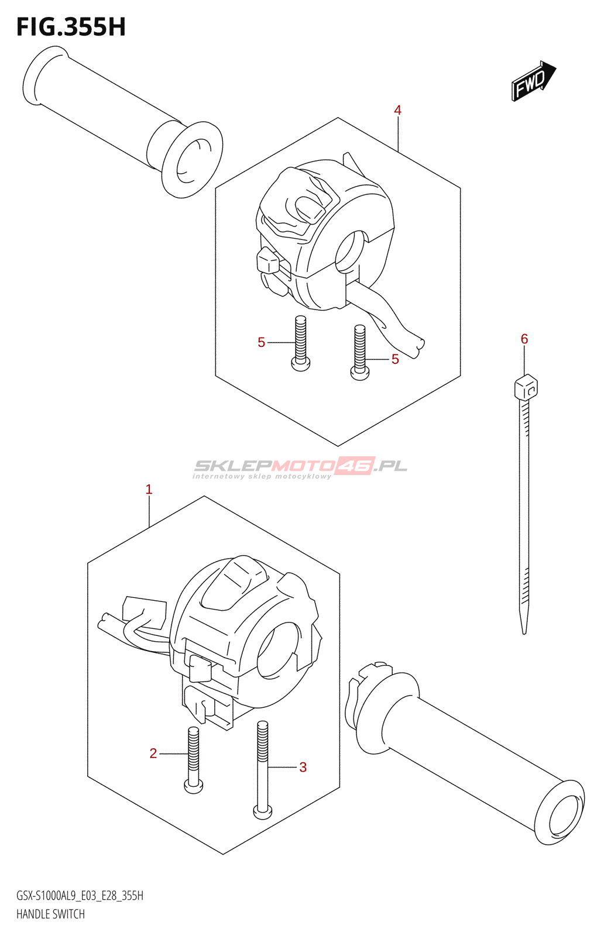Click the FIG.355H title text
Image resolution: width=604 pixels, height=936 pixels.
point(71,27)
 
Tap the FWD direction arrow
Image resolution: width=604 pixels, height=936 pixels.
point(533,81)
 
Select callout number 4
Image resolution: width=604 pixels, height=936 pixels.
point(397,111)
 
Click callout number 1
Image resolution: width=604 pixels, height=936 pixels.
point(149,489)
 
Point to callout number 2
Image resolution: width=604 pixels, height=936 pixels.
point(153,753)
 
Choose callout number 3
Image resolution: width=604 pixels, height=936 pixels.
point(303,767)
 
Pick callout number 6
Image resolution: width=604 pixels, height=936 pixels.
point(524,339)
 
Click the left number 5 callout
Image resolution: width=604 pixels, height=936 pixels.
point(261,343)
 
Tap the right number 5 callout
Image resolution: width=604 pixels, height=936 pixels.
point(395,359)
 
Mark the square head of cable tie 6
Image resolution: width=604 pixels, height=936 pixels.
point(526,386)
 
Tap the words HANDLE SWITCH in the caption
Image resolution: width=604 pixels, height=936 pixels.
point(50,914)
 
